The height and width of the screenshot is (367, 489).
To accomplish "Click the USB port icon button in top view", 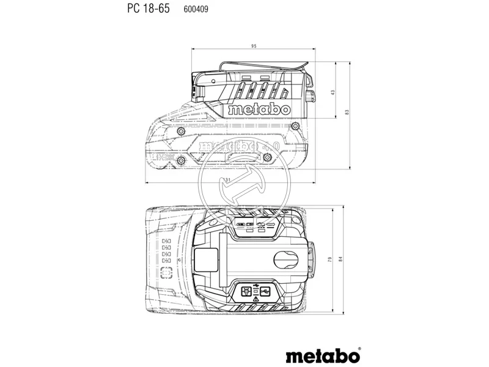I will click(265, 292).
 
